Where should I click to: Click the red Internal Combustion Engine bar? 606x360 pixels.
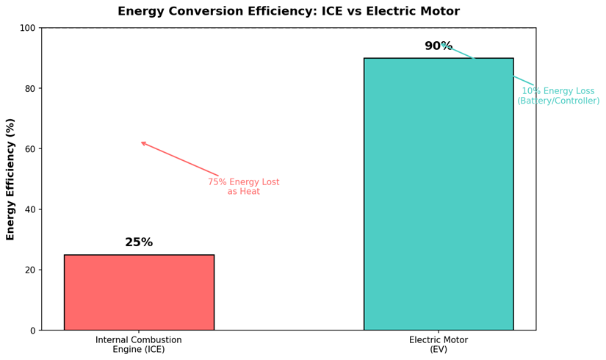pos(139,292)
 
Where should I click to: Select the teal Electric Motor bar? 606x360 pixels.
pos(438,194)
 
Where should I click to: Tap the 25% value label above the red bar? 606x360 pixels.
pos(139,242)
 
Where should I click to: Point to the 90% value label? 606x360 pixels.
pos(438,46)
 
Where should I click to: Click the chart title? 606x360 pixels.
pos(289,12)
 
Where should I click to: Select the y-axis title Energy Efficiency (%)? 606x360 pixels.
pos(11,179)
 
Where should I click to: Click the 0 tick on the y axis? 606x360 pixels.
pos(32,331)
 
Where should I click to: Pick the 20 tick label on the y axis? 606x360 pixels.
pos(29,270)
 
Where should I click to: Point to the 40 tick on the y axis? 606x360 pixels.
pos(29,209)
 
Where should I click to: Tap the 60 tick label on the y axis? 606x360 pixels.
pos(29,149)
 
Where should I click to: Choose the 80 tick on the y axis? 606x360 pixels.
pos(29,89)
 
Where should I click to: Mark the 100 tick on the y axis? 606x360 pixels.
pos(27,28)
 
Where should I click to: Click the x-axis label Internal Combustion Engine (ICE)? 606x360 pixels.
pos(139,345)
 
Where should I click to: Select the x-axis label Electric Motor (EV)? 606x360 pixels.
pos(438,345)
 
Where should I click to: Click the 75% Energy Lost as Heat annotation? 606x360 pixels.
pos(243,187)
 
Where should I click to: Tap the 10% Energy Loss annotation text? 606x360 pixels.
pos(558,96)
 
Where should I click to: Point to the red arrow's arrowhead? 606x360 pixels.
pos(142,143)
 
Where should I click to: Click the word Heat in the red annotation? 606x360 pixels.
pos(248,192)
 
